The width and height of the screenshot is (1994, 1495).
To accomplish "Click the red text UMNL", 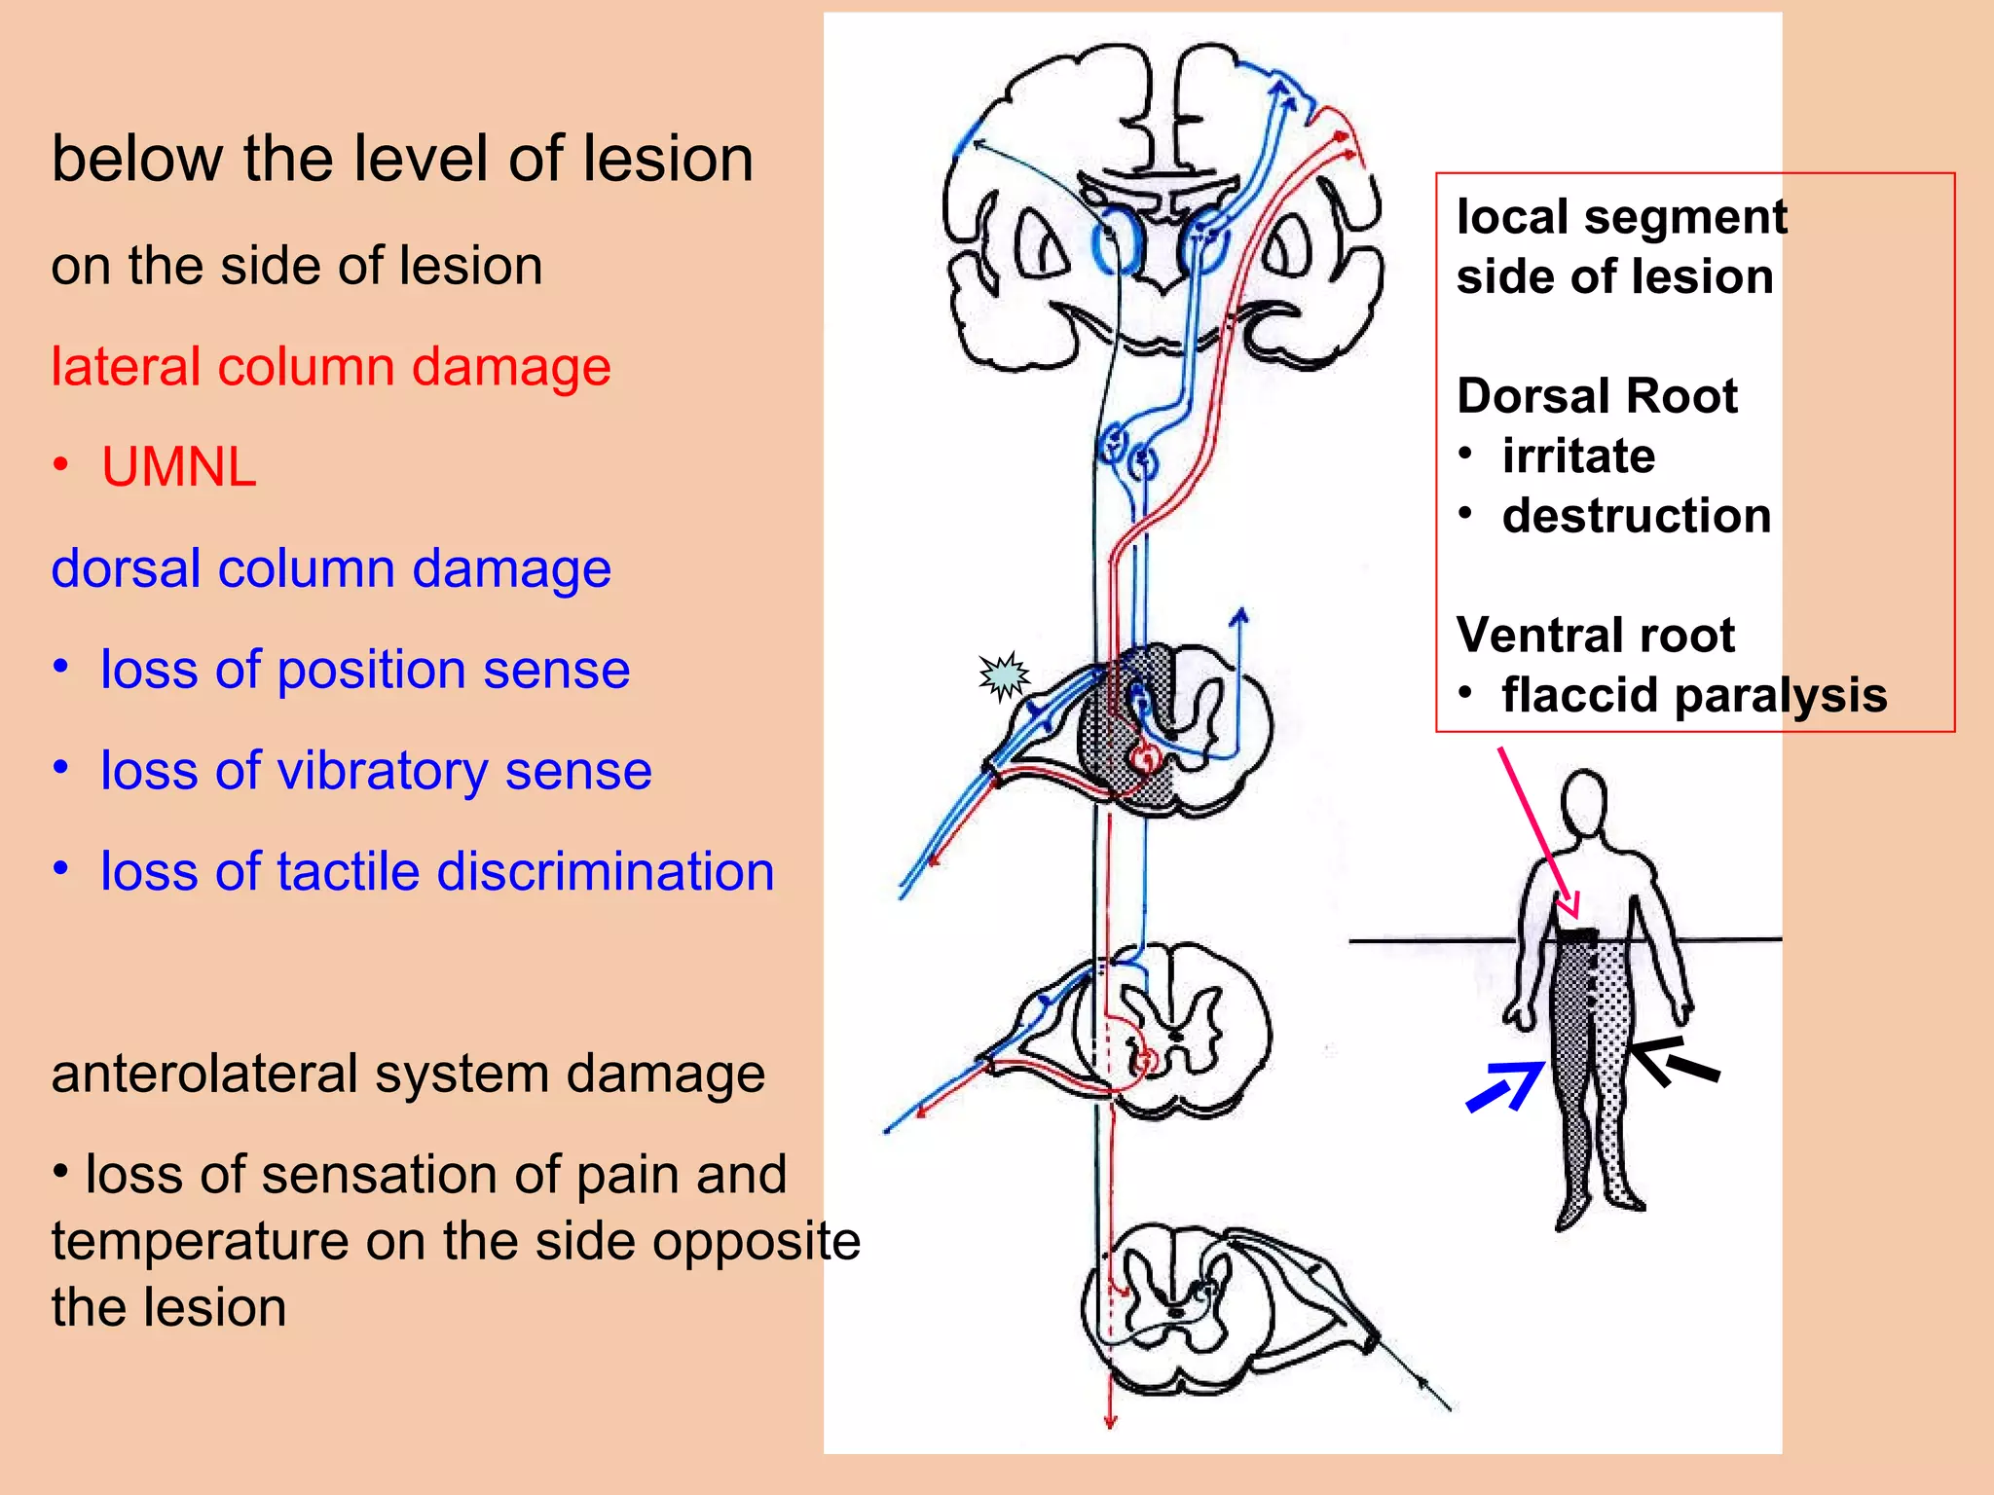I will [x=178, y=467].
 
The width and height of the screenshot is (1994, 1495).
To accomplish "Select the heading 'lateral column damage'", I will [x=331, y=367].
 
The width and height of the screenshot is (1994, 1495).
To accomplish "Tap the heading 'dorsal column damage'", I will [x=331, y=568].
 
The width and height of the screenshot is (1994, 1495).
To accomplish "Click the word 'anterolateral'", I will [x=205, y=1074].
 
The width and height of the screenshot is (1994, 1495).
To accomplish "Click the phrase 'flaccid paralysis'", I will [x=1694, y=695].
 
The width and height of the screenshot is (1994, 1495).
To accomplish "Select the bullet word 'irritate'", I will [x=1578, y=456].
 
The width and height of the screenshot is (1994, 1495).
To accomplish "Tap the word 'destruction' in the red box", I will [x=1637, y=516].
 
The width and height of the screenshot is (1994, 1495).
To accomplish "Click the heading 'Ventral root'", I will [x=1596, y=636].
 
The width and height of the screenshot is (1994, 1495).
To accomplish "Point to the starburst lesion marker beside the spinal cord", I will [x=1004, y=675].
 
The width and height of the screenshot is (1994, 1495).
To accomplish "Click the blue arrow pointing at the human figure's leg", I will [x=1504, y=1087].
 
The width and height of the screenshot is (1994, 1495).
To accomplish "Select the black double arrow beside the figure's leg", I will [x=1675, y=1062].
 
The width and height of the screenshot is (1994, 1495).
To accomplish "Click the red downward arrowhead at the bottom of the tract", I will [x=1110, y=1421].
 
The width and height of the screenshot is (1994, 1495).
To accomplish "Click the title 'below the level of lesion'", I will [x=402, y=159].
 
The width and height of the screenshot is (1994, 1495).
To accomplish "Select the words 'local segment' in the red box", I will [x=1622, y=216].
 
